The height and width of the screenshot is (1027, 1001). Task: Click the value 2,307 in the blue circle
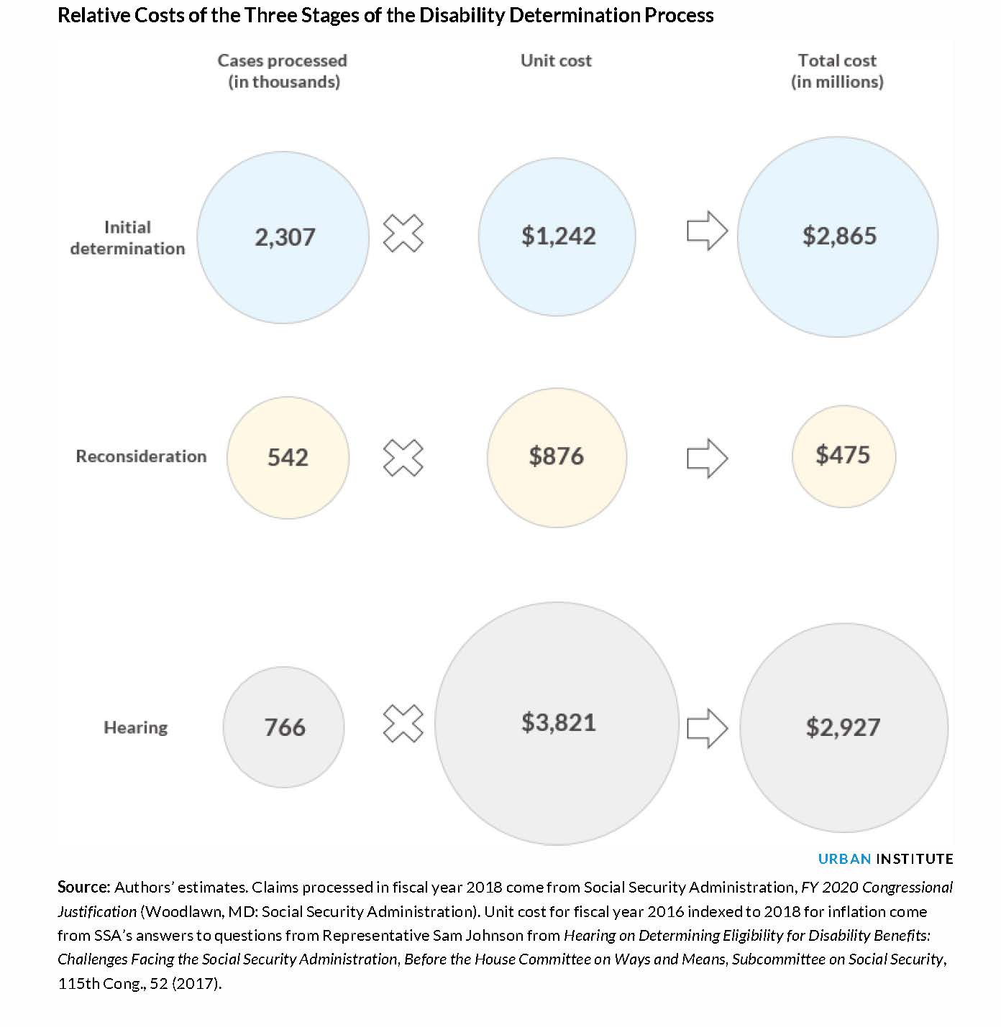[x=285, y=237]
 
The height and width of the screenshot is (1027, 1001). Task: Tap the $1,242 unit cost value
[x=558, y=236]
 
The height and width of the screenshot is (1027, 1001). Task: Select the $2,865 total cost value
[x=839, y=236]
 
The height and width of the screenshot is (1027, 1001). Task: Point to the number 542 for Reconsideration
[x=288, y=457]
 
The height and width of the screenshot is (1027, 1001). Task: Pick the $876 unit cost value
[x=556, y=456]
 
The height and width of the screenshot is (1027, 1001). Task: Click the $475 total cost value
[x=843, y=455]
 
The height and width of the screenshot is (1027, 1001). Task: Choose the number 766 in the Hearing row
[x=285, y=727]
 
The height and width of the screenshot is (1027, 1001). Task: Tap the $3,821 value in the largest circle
[x=558, y=722]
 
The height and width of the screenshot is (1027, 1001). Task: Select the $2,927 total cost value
[x=843, y=727]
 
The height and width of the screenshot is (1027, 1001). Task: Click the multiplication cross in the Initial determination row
[x=403, y=233]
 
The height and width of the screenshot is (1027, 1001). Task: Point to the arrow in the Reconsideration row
[x=708, y=458]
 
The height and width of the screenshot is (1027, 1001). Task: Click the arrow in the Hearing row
[x=708, y=728]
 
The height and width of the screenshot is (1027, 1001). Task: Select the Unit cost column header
[x=556, y=60]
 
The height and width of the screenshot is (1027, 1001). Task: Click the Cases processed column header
[x=283, y=70]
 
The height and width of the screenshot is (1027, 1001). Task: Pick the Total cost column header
[x=837, y=70]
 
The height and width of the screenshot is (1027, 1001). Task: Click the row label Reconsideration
[x=141, y=456]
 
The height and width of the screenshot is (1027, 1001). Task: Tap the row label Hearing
[x=135, y=727]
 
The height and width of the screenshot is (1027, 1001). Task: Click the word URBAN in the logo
[x=844, y=859]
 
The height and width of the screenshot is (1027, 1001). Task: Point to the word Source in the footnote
[x=81, y=887]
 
